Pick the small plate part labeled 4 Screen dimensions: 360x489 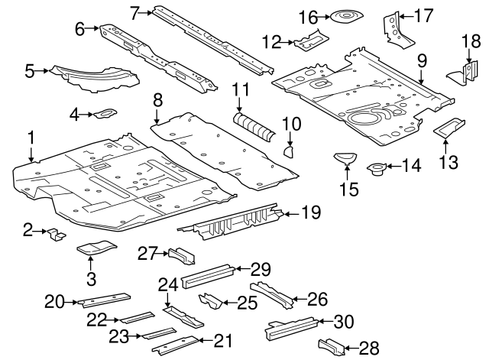tap(105, 115)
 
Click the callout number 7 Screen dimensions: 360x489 tap(134, 12)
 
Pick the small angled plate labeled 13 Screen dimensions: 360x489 tap(450, 128)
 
